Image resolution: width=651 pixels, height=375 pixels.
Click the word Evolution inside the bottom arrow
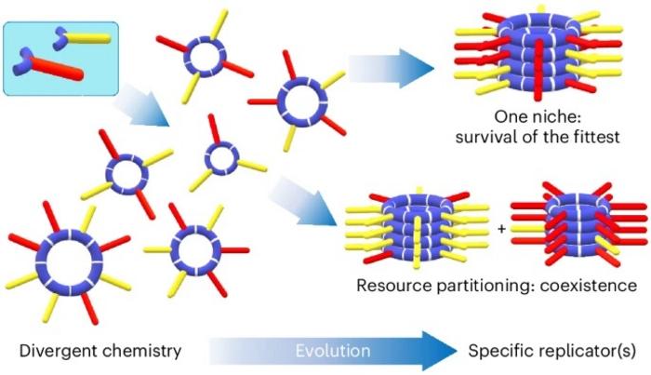pos(334,352)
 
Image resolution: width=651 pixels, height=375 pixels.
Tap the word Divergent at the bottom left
pos(50,352)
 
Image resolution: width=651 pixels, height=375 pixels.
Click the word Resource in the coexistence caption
pos(390,285)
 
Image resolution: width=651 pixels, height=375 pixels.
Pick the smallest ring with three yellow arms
pos(221,157)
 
